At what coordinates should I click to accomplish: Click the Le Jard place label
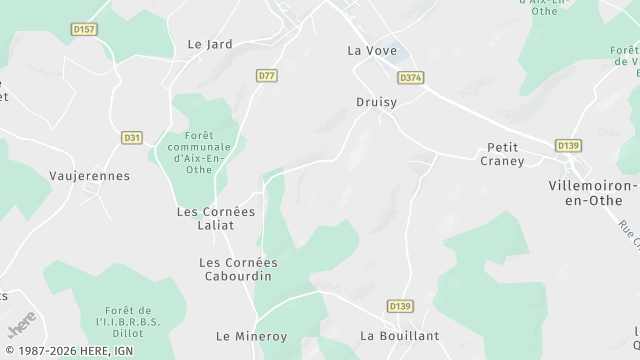point(209,44)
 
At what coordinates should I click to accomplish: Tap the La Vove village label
point(372,50)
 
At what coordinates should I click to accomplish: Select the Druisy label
point(377,102)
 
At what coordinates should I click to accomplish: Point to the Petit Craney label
point(502,154)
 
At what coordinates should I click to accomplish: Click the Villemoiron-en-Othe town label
point(593,194)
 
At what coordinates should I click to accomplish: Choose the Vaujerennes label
point(89,176)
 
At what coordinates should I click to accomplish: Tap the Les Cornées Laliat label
point(216,218)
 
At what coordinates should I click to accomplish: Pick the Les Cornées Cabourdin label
point(238,270)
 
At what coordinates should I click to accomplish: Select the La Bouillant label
point(399,336)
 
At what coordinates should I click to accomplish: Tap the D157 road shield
point(85,30)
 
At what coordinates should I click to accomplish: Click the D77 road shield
point(266,76)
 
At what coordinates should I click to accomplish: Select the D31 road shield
point(132,138)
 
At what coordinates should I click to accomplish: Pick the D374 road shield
point(410,77)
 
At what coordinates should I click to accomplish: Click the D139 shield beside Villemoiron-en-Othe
point(569,146)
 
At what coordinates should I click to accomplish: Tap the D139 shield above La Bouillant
point(399,306)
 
